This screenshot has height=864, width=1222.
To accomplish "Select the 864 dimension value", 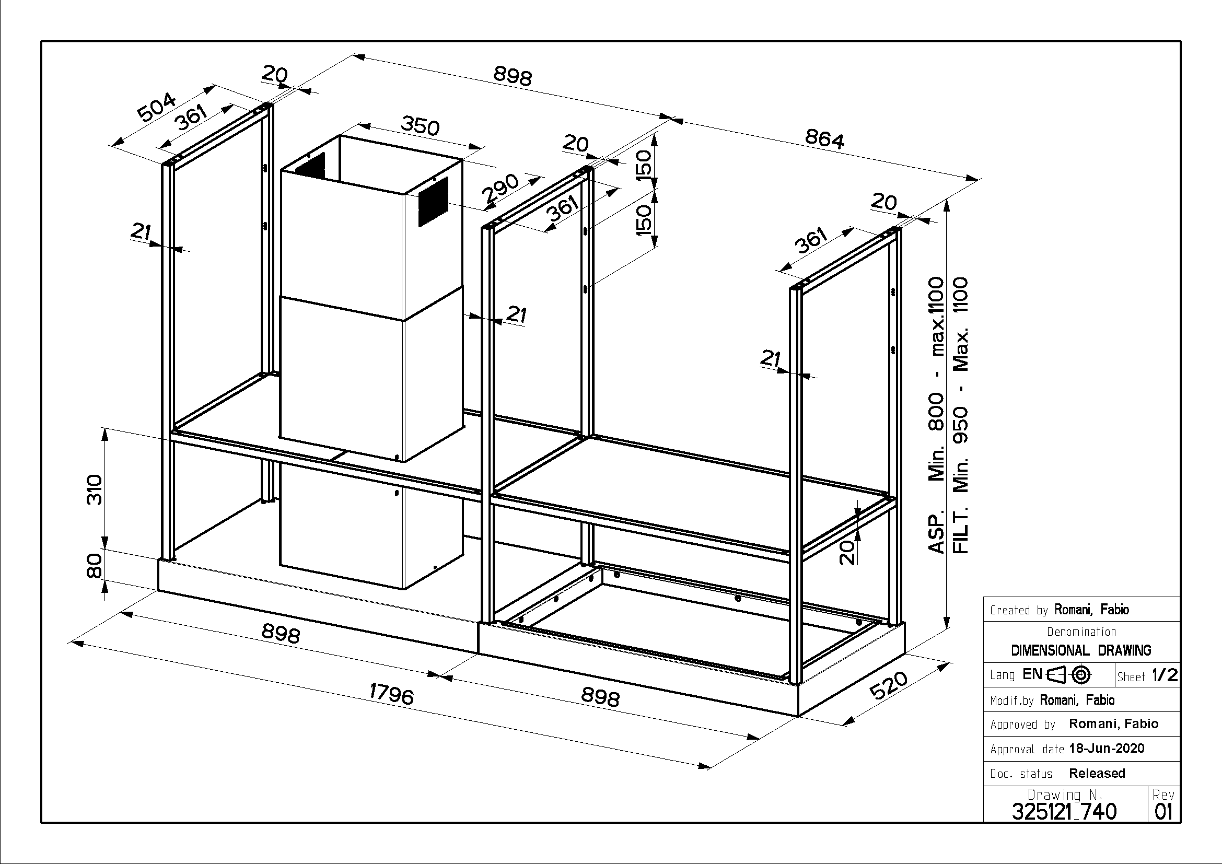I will coord(824,139).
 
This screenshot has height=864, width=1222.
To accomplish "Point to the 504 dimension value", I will coord(156,107).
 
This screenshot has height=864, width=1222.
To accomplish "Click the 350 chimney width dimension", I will coord(420,126).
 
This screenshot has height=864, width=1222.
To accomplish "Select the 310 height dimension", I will coord(94,489).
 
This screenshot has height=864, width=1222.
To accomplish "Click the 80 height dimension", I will coord(94,566).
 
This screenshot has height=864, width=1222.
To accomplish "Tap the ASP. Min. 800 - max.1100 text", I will coord(936,415).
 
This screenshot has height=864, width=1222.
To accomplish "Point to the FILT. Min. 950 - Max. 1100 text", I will coord(960,415).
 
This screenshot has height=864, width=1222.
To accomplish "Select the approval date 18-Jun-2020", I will coord(1107,749).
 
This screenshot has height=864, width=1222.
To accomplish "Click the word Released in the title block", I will coord(1097,773).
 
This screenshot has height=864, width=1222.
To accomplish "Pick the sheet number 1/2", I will coord(1165,675).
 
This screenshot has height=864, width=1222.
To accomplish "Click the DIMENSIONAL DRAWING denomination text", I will coord(1081,650).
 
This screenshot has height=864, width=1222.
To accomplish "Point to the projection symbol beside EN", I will coord(1069,675).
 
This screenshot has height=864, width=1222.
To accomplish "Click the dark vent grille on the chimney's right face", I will coord(433,201).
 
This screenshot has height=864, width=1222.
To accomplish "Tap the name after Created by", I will coord(1091,610).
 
